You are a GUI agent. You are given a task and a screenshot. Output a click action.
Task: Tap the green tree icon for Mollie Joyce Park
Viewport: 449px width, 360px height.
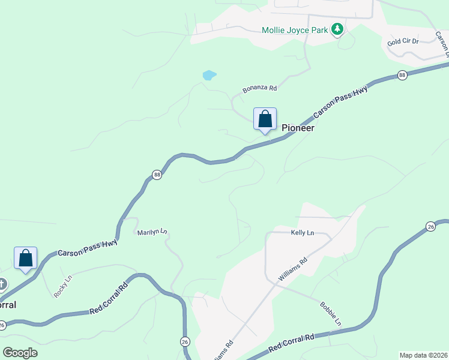coord(337,29)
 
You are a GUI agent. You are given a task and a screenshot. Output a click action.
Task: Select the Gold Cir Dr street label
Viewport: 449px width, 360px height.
coord(403,42)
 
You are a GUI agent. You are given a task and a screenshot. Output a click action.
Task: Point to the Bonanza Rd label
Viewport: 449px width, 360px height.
coord(259,88)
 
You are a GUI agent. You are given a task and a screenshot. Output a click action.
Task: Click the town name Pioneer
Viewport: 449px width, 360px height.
coord(298,128)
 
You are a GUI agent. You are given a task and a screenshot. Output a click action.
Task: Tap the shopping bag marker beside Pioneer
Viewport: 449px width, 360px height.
coord(265,119)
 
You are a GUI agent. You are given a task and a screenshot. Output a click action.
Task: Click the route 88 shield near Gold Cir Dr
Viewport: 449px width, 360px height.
coord(402,75)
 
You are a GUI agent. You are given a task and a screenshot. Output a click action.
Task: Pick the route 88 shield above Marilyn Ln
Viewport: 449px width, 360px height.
coord(157,175)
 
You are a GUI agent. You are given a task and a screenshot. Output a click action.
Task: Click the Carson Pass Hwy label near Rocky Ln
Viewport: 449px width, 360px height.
coord(88,248)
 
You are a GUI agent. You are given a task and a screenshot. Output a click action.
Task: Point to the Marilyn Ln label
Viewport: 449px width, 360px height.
coord(152,232)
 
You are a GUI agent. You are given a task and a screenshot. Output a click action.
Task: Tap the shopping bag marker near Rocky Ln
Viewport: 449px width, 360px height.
coord(26,258)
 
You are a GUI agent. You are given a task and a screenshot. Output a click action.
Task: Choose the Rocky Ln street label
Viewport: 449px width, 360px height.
coord(62,286)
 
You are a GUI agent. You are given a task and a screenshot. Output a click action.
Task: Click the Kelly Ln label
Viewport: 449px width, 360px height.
coord(303,232)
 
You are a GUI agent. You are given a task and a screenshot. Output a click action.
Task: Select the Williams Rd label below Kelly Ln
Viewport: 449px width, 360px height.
coord(293,269)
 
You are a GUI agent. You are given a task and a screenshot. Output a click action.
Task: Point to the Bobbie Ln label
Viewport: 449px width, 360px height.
coord(330,314)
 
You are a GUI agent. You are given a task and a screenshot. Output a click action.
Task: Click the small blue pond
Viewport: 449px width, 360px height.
coord(209,75)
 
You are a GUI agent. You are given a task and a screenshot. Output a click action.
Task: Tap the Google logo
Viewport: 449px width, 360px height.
coord(20,353)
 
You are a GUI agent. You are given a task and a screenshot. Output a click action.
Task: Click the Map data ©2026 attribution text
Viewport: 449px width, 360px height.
coord(423,355)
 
